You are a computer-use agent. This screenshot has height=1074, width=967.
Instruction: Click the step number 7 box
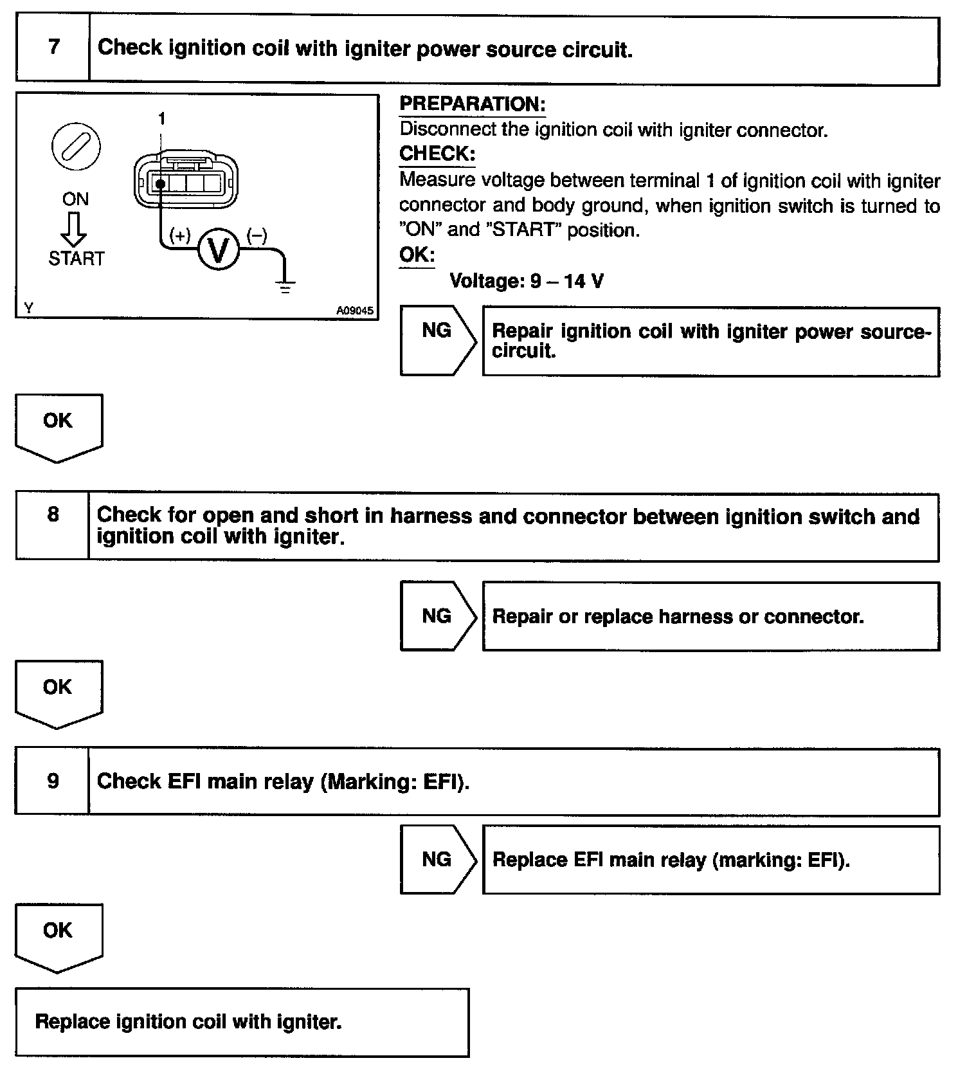pos(53,48)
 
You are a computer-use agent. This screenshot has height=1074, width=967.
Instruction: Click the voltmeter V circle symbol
pos(219,250)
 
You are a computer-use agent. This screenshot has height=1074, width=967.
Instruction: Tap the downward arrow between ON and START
pos(76,228)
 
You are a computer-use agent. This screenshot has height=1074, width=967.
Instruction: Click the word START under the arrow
pos(76,259)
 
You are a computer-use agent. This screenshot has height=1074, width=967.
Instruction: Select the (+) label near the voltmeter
pos(180,236)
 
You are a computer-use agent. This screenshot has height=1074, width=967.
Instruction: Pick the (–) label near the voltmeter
pos(257,236)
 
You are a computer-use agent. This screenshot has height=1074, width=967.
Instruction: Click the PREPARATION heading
pos(472,104)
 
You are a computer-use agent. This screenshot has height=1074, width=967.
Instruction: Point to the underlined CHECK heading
pos(437,154)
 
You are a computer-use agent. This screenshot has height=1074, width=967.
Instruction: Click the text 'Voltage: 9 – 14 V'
pos(526,281)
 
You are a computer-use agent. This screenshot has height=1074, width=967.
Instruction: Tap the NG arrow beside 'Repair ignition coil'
pos(437,341)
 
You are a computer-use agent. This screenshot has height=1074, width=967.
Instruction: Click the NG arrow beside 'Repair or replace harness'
pos(437,616)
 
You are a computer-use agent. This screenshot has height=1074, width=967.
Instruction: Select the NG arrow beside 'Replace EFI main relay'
pos(437,860)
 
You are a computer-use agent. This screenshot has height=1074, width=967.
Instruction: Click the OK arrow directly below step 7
pos(58,426)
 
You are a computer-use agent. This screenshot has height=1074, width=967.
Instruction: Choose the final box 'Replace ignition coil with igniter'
pos(242,1021)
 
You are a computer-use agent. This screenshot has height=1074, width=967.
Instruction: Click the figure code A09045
pos(354,311)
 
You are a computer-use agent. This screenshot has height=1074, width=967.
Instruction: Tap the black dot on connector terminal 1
pos(159,184)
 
